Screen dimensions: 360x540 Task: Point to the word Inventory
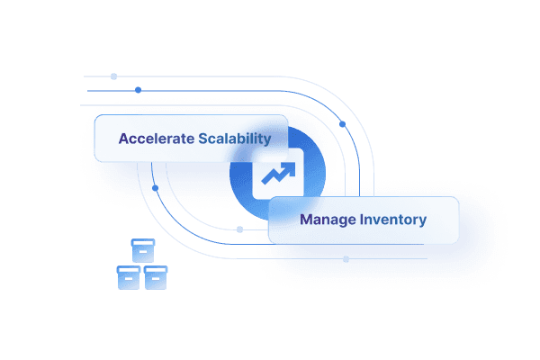point(393,220)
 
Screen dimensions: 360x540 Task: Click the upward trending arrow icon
point(276,174)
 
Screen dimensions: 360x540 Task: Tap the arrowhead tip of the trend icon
point(286,166)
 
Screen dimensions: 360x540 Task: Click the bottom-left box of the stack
point(128,277)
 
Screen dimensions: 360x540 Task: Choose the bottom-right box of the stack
point(157,277)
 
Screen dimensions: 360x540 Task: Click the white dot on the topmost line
point(113,76)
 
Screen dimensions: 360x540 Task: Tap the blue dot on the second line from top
point(138,90)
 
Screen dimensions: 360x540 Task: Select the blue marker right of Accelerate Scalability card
point(342,123)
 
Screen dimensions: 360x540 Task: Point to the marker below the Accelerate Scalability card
point(155,188)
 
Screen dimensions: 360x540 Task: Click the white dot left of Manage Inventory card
point(239,229)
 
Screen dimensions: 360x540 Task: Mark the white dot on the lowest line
point(346,259)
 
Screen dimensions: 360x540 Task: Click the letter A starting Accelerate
point(124,139)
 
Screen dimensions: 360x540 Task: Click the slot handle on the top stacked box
point(142,254)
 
